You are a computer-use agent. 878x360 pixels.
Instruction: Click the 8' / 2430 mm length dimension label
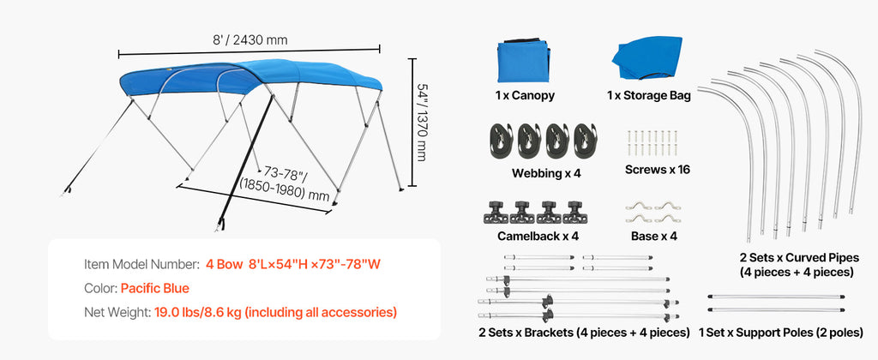(x=250, y=39)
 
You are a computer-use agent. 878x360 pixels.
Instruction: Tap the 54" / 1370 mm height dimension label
(x=423, y=122)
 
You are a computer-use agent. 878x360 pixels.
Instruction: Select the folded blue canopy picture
(x=524, y=61)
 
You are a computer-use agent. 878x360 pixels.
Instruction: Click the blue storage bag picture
(x=648, y=59)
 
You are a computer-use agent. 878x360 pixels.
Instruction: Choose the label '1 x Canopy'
(x=525, y=95)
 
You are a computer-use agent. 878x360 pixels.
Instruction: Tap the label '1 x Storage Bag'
(x=648, y=95)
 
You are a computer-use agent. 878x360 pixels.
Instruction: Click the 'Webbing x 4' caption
(x=546, y=173)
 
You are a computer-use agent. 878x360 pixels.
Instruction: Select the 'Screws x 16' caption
(x=658, y=169)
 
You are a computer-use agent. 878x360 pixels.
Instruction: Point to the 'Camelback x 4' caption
(x=538, y=236)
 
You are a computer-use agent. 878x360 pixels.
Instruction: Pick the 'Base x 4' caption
(x=653, y=236)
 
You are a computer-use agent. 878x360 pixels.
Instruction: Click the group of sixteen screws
(x=653, y=142)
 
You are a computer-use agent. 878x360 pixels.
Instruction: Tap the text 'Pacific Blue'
(x=154, y=288)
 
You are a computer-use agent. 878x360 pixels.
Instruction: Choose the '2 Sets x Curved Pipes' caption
(x=799, y=257)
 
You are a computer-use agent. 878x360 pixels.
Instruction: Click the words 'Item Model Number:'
(x=141, y=264)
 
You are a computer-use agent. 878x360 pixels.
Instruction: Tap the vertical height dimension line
(x=412, y=122)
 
